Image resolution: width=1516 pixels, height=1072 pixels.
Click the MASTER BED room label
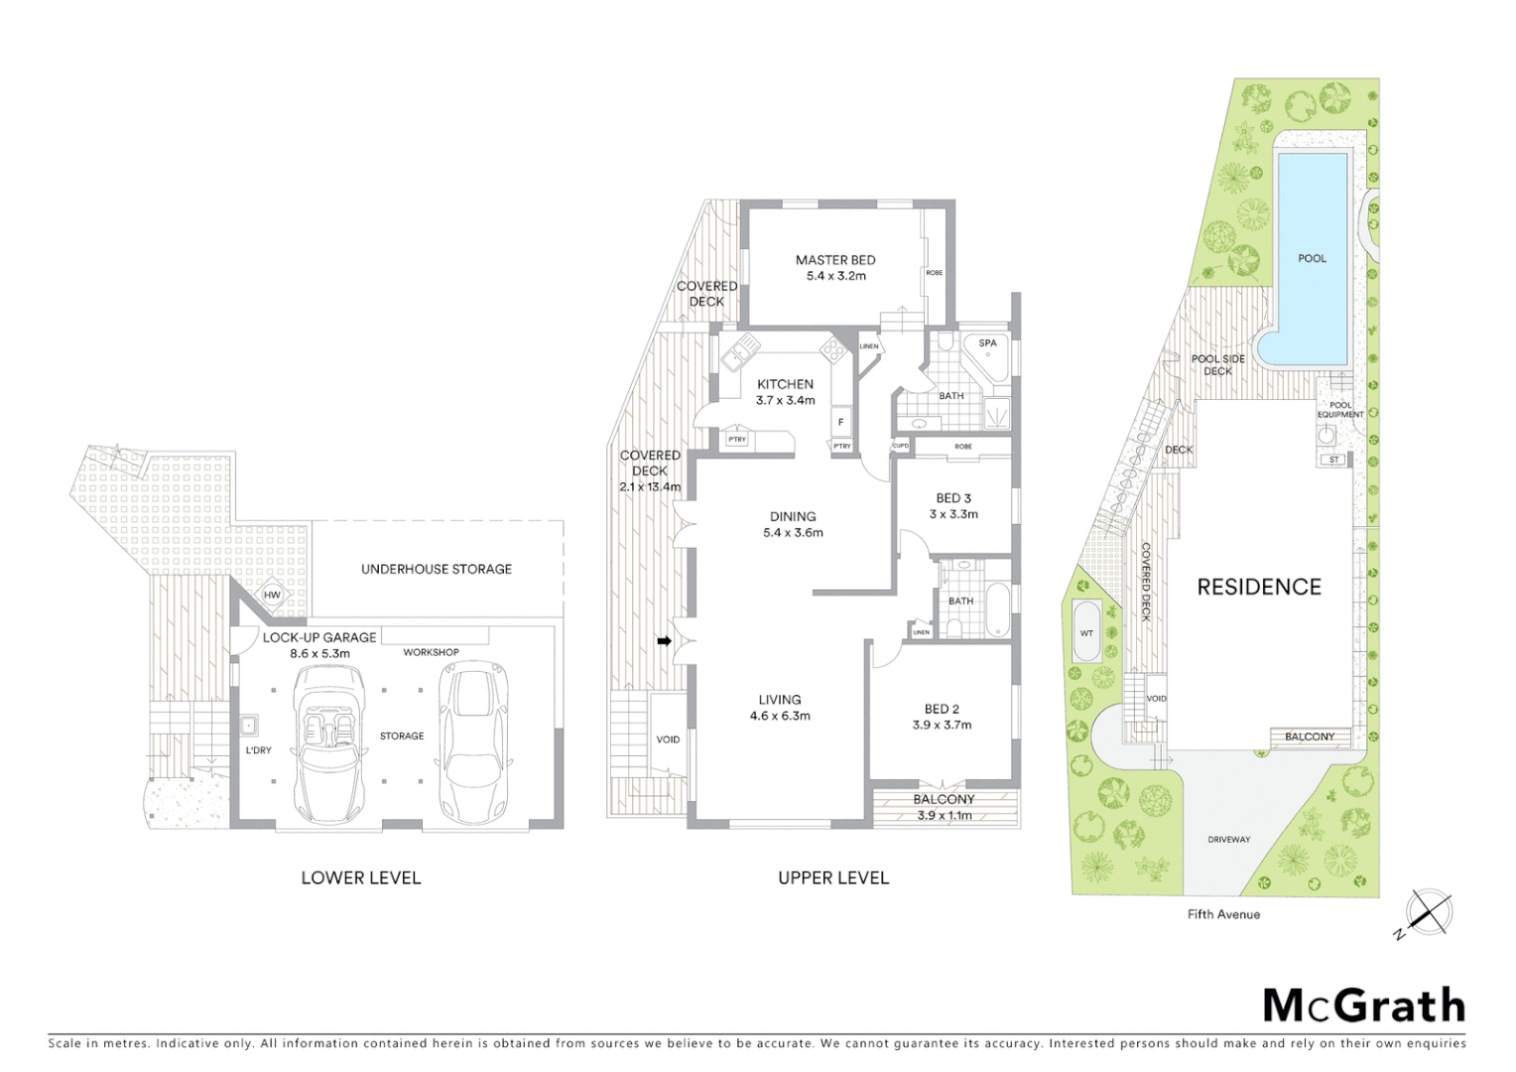835,260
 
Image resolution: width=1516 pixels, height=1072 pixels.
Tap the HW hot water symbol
272,596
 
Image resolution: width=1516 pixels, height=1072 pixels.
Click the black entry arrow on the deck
665,641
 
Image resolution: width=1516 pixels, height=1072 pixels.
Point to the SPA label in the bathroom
987,343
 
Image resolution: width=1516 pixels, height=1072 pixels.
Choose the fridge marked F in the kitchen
841,422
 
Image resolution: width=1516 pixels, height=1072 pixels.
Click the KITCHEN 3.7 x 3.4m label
785,392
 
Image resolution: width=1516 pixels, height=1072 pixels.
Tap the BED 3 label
953,498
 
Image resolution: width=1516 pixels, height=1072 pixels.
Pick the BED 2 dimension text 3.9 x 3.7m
942,726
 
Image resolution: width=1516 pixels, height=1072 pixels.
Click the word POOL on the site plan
1312,258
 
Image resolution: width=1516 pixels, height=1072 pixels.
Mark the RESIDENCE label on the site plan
1259,587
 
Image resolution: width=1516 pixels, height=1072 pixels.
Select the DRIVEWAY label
1228,840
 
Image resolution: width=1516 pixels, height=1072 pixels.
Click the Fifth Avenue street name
1223,914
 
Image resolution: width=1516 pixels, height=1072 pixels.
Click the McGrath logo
1363,1005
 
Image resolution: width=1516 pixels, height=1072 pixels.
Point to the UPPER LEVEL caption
833,877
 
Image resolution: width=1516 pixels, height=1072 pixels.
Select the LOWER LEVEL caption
361,877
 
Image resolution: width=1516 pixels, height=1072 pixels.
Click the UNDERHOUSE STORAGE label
437,569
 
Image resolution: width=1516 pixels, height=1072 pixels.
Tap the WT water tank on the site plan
1086,632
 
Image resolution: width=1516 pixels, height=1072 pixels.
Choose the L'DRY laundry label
259,750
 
